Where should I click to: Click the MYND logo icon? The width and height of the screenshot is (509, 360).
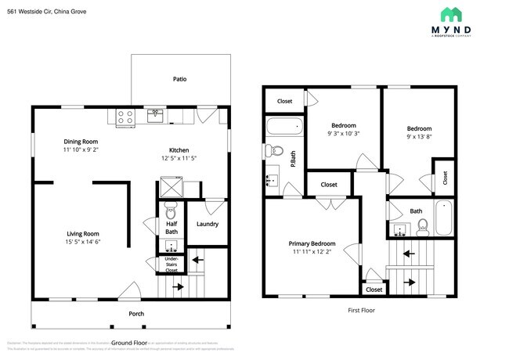[450, 14]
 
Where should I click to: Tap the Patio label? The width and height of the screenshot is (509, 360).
[179, 79]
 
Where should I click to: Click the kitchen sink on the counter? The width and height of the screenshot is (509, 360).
[156, 117]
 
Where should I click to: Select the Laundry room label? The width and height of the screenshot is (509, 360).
[207, 225]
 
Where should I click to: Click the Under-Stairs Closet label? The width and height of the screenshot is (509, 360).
[171, 264]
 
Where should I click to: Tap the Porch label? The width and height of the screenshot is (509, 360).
[136, 314]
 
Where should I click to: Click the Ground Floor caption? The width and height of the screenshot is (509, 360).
[129, 343]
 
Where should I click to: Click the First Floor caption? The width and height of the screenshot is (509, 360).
[361, 310]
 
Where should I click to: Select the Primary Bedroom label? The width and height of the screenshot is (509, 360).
[312, 243]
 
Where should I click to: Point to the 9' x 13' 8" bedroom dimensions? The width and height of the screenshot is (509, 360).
[419, 138]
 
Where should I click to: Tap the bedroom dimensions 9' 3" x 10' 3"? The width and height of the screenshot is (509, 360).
[343, 135]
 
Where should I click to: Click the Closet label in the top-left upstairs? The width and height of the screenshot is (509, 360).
[284, 101]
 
